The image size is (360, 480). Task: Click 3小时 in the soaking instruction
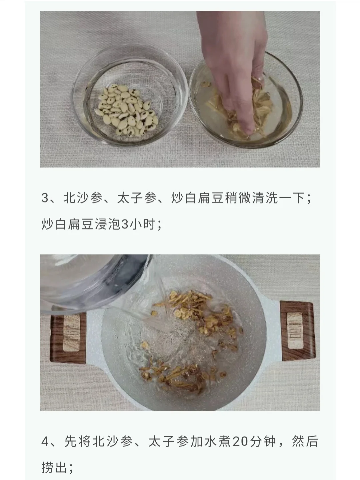tap(138, 224)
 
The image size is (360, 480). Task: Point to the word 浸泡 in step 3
tap(108, 224)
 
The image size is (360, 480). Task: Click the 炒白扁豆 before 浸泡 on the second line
tap(68, 224)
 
